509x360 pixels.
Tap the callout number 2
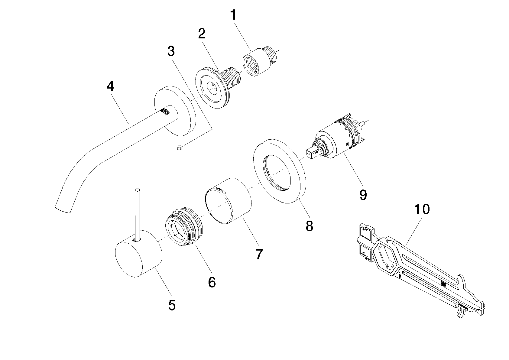click(x=201, y=34)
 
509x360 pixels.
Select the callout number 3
click(x=171, y=51)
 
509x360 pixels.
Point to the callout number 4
click(x=110, y=86)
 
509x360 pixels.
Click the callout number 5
click(x=172, y=305)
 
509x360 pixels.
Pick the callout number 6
click(x=212, y=282)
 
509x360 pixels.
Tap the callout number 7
click(x=259, y=254)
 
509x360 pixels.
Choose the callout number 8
click(x=309, y=226)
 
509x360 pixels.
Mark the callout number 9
click(x=363, y=195)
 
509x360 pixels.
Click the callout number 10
click(x=422, y=209)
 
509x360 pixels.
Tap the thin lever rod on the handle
click(x=137, y=213)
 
